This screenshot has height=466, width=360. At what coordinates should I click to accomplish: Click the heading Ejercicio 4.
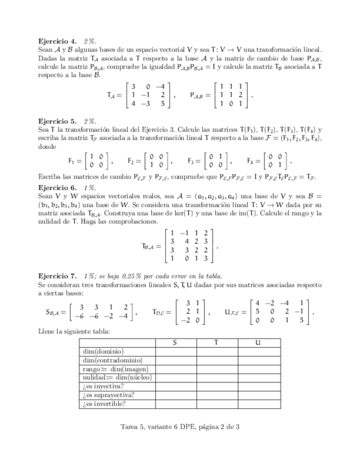click(x=57, y=41)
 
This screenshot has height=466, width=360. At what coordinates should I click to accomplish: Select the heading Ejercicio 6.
click(x=57, y=187)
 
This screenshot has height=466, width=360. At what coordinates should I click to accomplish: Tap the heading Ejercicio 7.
click(x=57, y=275)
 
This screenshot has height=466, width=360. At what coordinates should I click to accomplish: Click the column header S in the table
click(x=175, y=342)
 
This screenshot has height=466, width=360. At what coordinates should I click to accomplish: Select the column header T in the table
click(x=217, y=342)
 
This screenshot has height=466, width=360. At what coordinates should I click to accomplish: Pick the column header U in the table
click(x=258, y=342)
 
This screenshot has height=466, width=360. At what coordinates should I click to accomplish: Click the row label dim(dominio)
click(x=103, y=351)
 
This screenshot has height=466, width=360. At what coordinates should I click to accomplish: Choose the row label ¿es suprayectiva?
click(x=108, y=395)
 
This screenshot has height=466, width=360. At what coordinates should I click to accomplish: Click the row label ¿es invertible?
click(x=104, y=404)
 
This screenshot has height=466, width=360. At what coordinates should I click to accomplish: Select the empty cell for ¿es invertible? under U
click(x=258, y=404)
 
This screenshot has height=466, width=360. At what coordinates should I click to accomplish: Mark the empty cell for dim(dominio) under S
click(x=175, y=351)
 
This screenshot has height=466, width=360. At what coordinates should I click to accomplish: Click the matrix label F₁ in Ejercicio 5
click(x=72, y=162)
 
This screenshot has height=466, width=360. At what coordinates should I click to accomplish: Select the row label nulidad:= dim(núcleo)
click(x=117, y=378)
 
